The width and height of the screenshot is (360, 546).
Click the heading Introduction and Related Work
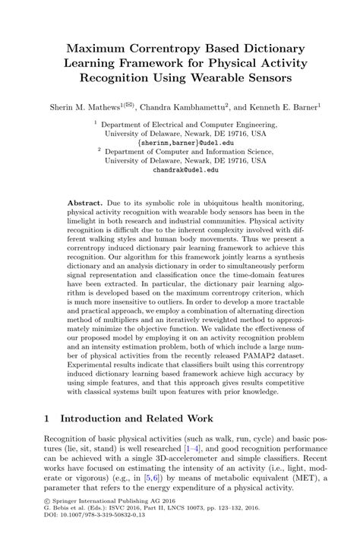pyautogui.click(x=148, y=419)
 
